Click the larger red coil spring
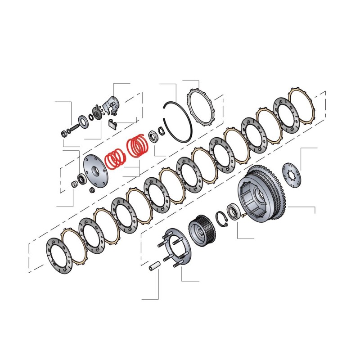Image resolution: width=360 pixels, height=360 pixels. click(138, 146)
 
